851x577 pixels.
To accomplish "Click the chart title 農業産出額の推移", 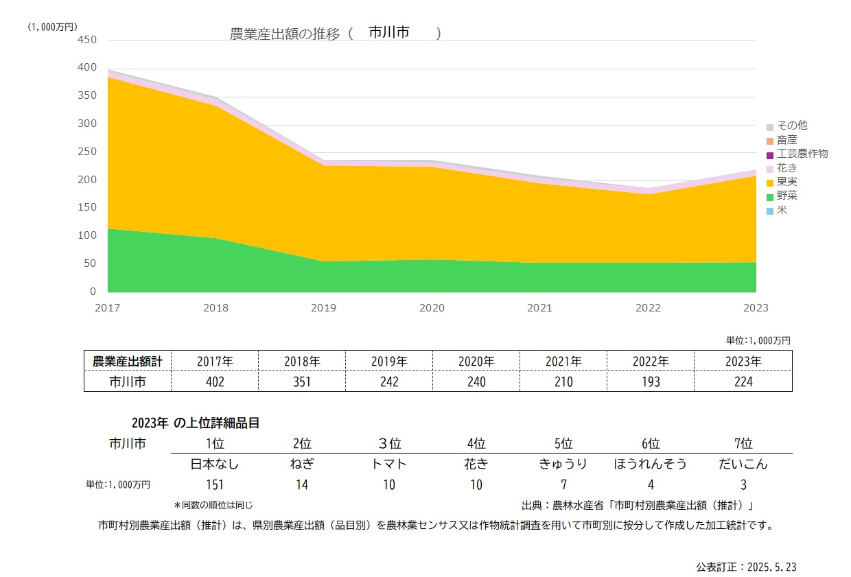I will [x=285, y=34].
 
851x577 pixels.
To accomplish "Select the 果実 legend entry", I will [x=786, y=182].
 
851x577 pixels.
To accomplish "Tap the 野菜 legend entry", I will [x=786, y=196].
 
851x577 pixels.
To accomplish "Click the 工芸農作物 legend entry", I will [x=802, y=154].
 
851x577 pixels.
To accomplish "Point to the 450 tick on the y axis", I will [x=88, y=40].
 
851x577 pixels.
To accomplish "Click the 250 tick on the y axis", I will [x=88, y=152].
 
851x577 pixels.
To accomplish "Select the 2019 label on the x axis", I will [x=323, y=308].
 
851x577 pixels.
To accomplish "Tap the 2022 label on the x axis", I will [x=648, y=308].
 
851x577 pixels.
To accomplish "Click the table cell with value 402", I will [x=215, y=381].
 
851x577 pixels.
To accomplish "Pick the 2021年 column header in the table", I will [x=563, y=361].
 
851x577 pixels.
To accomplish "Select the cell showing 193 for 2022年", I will [x=651, y=381].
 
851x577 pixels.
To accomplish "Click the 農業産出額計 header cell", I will [x=127, y=361].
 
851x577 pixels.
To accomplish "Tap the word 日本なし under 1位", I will [x=215, y=464].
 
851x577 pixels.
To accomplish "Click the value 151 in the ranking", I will [x=215, y=485].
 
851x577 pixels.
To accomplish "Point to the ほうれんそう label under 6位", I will [x=650, y=464].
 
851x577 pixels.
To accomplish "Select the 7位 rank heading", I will [x=743, y=443].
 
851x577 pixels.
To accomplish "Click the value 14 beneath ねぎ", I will [x=302, y=485].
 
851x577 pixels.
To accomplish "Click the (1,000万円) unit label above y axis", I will [x=52, y=26].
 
